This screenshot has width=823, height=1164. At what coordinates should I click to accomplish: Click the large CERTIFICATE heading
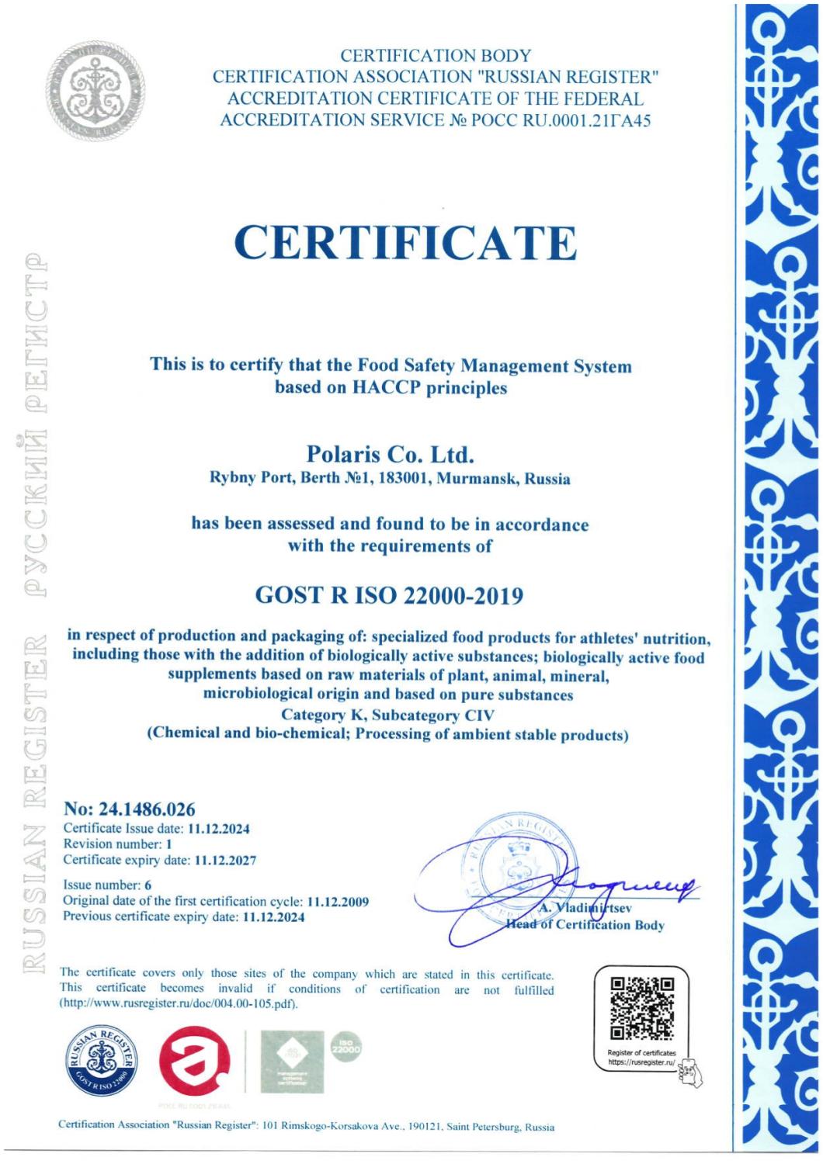point(407,243)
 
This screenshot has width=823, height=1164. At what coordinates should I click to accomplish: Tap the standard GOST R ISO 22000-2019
point(389,596)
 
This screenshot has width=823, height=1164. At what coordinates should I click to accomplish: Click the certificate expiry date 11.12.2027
point(225,860)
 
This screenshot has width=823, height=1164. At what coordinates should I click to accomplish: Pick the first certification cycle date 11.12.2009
point(338,902)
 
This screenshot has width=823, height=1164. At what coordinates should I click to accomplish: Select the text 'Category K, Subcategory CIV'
point(387,715)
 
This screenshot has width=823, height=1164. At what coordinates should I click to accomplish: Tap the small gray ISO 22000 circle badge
point(346,1048)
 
